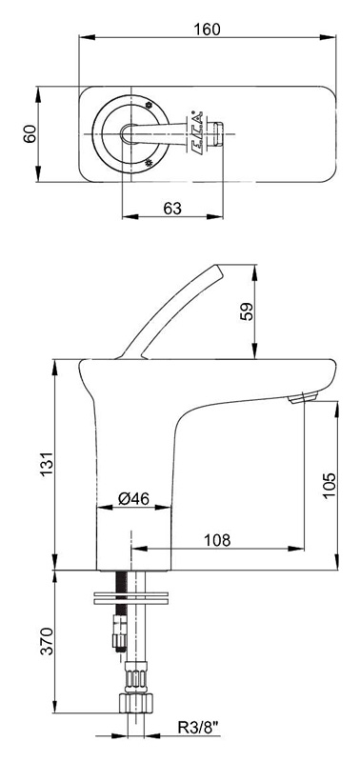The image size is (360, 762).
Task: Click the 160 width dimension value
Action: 207,30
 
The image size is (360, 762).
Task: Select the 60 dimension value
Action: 30,133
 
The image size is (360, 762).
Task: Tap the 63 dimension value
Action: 172,209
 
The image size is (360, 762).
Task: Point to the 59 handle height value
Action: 248,311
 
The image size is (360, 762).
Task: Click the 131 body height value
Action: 46,464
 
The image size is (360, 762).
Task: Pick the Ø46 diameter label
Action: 133,498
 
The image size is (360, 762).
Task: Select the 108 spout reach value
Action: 217,540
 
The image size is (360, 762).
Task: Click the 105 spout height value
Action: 329,485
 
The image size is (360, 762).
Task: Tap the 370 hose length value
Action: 46,641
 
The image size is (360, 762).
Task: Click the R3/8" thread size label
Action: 198,728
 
